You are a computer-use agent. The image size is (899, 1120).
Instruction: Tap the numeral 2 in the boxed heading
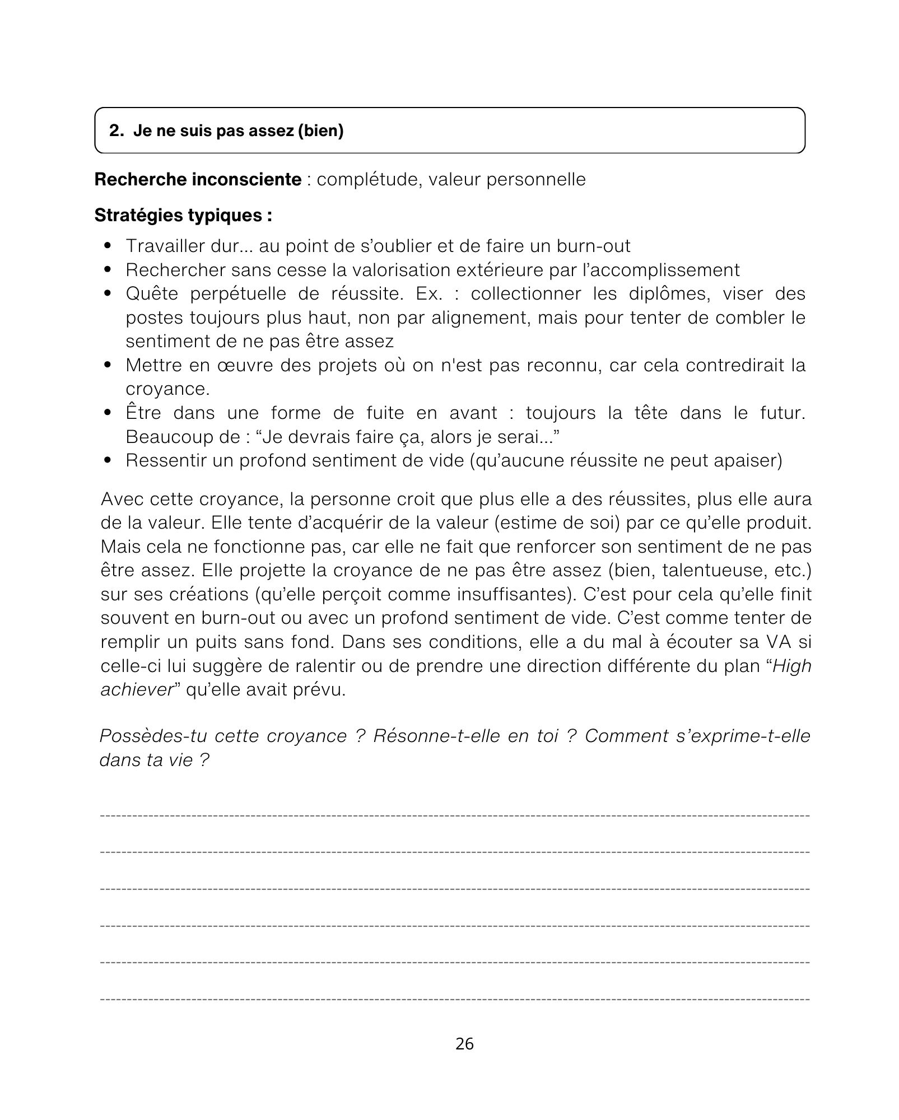click(x=114, y=131)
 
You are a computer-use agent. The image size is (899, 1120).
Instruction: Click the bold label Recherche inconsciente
click(x=198, y=180)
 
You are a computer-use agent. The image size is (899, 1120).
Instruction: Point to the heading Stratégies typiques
click(x=183, y=216)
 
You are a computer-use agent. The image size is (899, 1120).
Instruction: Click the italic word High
click(x=792, y=666)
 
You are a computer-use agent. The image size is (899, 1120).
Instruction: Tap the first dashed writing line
click(x=455, y=815)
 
